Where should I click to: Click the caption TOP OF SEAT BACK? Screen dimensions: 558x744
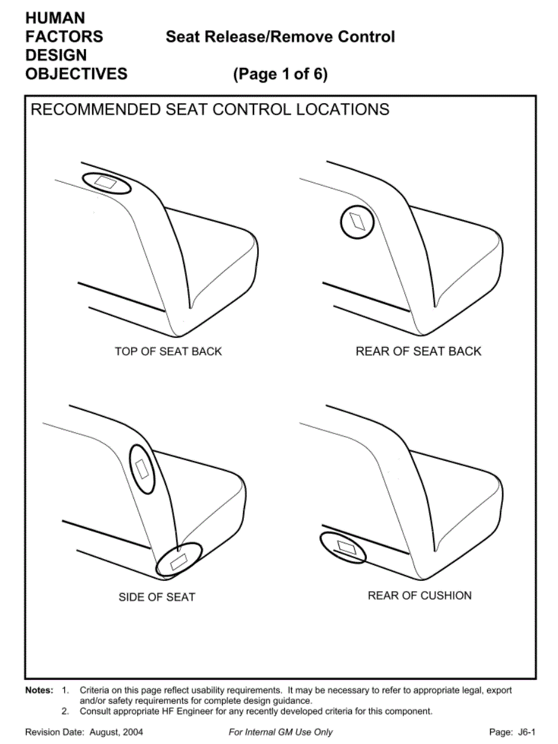click(x=168, y=352)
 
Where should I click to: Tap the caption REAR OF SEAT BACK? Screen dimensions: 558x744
click(x=419, y=352)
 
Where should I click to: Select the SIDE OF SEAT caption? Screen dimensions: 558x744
click(x=157, y=597)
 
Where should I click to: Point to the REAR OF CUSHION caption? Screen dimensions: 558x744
click(x=420, y=595)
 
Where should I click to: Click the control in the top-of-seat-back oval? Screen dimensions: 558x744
click(x=106, y=183)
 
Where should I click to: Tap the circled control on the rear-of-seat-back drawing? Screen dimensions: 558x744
click(x=358, y=222)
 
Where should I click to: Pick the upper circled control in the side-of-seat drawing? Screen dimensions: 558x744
click(x=142, y=469)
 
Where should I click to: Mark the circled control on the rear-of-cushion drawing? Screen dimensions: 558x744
click(x=346, y=547)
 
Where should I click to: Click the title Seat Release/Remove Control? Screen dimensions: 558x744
click(x=280, y=36)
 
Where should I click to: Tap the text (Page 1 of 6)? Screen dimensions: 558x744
click(x=280, y=74)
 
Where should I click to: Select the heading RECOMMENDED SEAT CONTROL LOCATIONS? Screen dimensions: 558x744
click(x=210, y=110)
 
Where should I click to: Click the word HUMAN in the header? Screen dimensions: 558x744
click(x=55, y=18)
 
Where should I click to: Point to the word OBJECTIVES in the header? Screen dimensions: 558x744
click(x=76, y=74)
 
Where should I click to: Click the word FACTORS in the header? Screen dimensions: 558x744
click(x=64, y=36)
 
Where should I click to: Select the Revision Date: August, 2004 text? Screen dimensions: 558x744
click(x=84, y=732)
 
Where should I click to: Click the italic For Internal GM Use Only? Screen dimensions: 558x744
click(x=281, y=732)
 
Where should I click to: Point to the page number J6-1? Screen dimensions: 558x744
click(x=526, y=732)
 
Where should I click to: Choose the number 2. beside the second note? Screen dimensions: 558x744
click(x=66, y=711)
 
